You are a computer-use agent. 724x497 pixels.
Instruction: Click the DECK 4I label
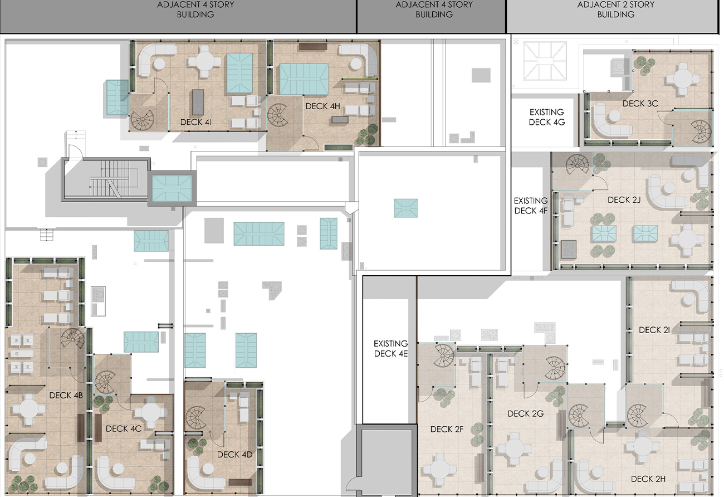point(195,122)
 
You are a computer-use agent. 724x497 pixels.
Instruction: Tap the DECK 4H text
point(322,106)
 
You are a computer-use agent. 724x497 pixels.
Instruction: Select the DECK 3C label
point(640,104)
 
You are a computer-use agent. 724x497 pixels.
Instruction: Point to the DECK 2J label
point(624,200)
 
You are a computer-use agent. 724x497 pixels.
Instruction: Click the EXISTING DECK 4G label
point(546,117)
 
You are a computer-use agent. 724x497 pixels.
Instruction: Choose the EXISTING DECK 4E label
point(390,349)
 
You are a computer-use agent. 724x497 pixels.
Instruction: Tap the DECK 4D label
point(234,455)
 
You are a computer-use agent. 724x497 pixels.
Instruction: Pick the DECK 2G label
point(526,413)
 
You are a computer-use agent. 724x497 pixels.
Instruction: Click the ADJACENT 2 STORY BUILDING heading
point(615,9)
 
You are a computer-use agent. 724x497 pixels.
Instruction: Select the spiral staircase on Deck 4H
point(277,115)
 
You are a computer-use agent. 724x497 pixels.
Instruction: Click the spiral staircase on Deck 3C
point(701,131)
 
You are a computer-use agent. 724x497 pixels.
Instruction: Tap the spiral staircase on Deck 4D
point(195,417)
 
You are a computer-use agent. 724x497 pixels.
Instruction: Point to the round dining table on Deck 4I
point(204,61)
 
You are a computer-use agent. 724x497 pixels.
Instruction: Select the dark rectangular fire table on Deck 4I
point(198,102)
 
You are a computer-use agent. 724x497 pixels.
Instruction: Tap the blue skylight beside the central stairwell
point(172,188)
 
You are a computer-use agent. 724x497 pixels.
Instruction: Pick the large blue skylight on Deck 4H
point(304,79)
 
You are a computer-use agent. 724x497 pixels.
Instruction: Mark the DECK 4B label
point(66,395)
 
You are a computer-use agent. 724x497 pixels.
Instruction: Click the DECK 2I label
point(654,330)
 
